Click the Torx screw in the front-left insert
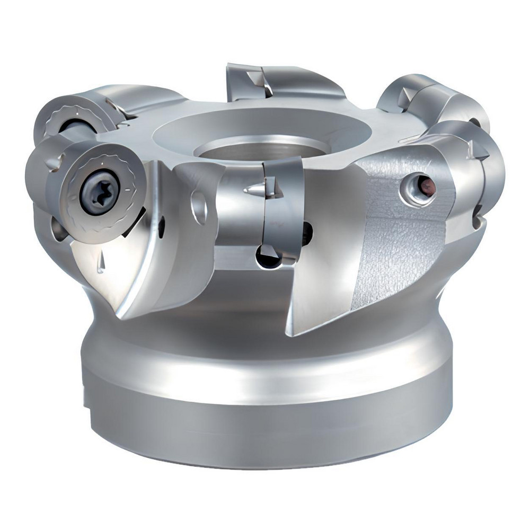(97, 192)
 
